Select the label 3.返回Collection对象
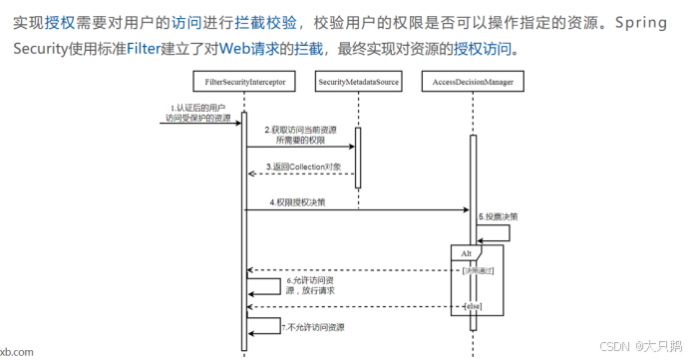click(303, 167)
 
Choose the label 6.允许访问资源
click(309, 285)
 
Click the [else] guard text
click(472, 306)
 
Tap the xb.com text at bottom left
click(16, 351)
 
